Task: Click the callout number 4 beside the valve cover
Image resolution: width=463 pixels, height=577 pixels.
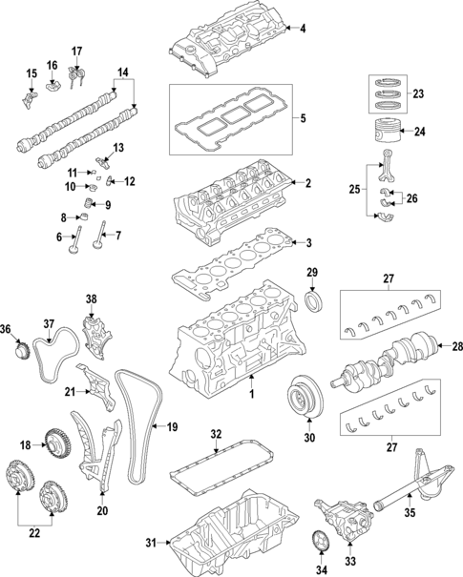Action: (x=303, y=30)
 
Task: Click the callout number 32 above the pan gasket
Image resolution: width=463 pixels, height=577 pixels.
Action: (x=216, y=435)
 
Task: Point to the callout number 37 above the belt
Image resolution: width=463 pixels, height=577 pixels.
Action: (x=49, y=323)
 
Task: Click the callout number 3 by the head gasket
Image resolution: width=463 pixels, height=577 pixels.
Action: (x=308, y=243)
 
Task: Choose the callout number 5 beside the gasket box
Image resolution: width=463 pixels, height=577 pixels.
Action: (x=303, y=119)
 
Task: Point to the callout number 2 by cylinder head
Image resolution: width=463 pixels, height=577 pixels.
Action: (x=307, y=183)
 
